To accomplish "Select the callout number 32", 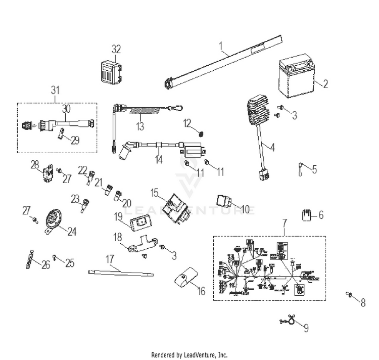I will (116, 49).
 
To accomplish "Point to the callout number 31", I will (55, 91).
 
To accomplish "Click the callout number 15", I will (154, 192).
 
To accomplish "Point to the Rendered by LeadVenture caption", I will (189, 355).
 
